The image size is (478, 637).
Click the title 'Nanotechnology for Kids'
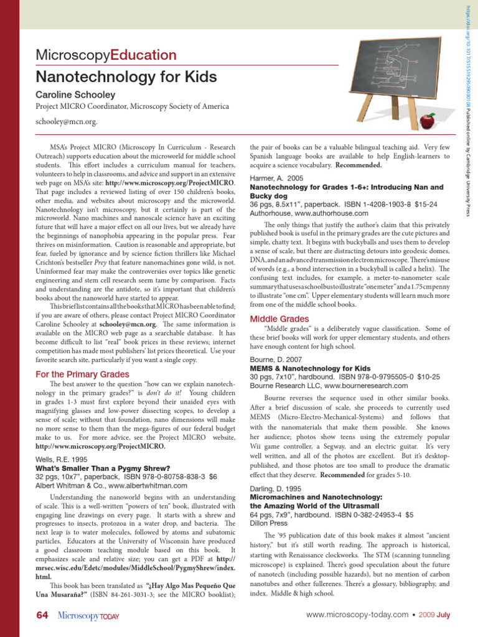pos(126,77)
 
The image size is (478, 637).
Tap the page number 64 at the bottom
pos(42,615)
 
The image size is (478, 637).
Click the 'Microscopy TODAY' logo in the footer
pos(88,616)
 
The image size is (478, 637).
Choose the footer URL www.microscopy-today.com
pos(357,615)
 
